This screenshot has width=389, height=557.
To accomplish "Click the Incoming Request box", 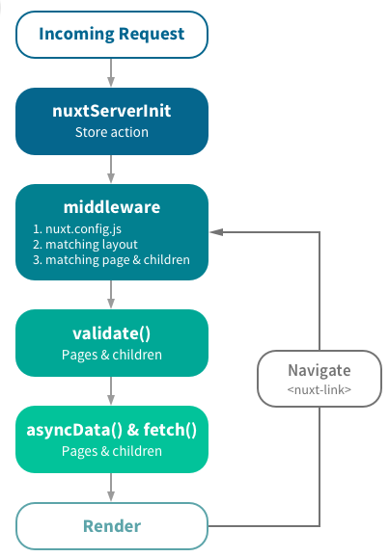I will pyautogui.click(x=112, y=35).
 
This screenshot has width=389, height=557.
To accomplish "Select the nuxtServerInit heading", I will pyautogui.click(x=112, y=111).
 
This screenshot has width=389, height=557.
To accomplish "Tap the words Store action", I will pyautogui.click(x=112, y=132).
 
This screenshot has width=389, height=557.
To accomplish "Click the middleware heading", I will pyautogui.click(x=112, y=207).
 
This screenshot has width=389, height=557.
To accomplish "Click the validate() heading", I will pyautogui.click(x=112, y=333).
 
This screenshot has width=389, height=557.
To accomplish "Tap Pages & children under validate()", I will pyautogui.click(x=112, y=354).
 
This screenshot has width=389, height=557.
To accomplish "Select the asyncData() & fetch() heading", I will pyautogui.click(x=112, y=430).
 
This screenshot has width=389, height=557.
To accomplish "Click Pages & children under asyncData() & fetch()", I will pyautogui.click(x=112, y=450).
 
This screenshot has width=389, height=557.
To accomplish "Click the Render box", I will pyautogui.click(x=112, y=526).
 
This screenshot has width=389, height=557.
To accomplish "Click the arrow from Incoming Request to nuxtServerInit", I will pyautogui.click(x=112, y=72).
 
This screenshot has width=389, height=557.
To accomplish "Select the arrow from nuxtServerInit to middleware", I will pyautogui.click(x=112, y=169).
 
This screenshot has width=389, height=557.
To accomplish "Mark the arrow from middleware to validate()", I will pyautogui.click(x=112, y=294).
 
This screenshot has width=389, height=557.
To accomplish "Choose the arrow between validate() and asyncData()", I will pyautogui.click(x=112, y=390).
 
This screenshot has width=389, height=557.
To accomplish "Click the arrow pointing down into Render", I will pyautogui.click(x=112, y=488).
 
